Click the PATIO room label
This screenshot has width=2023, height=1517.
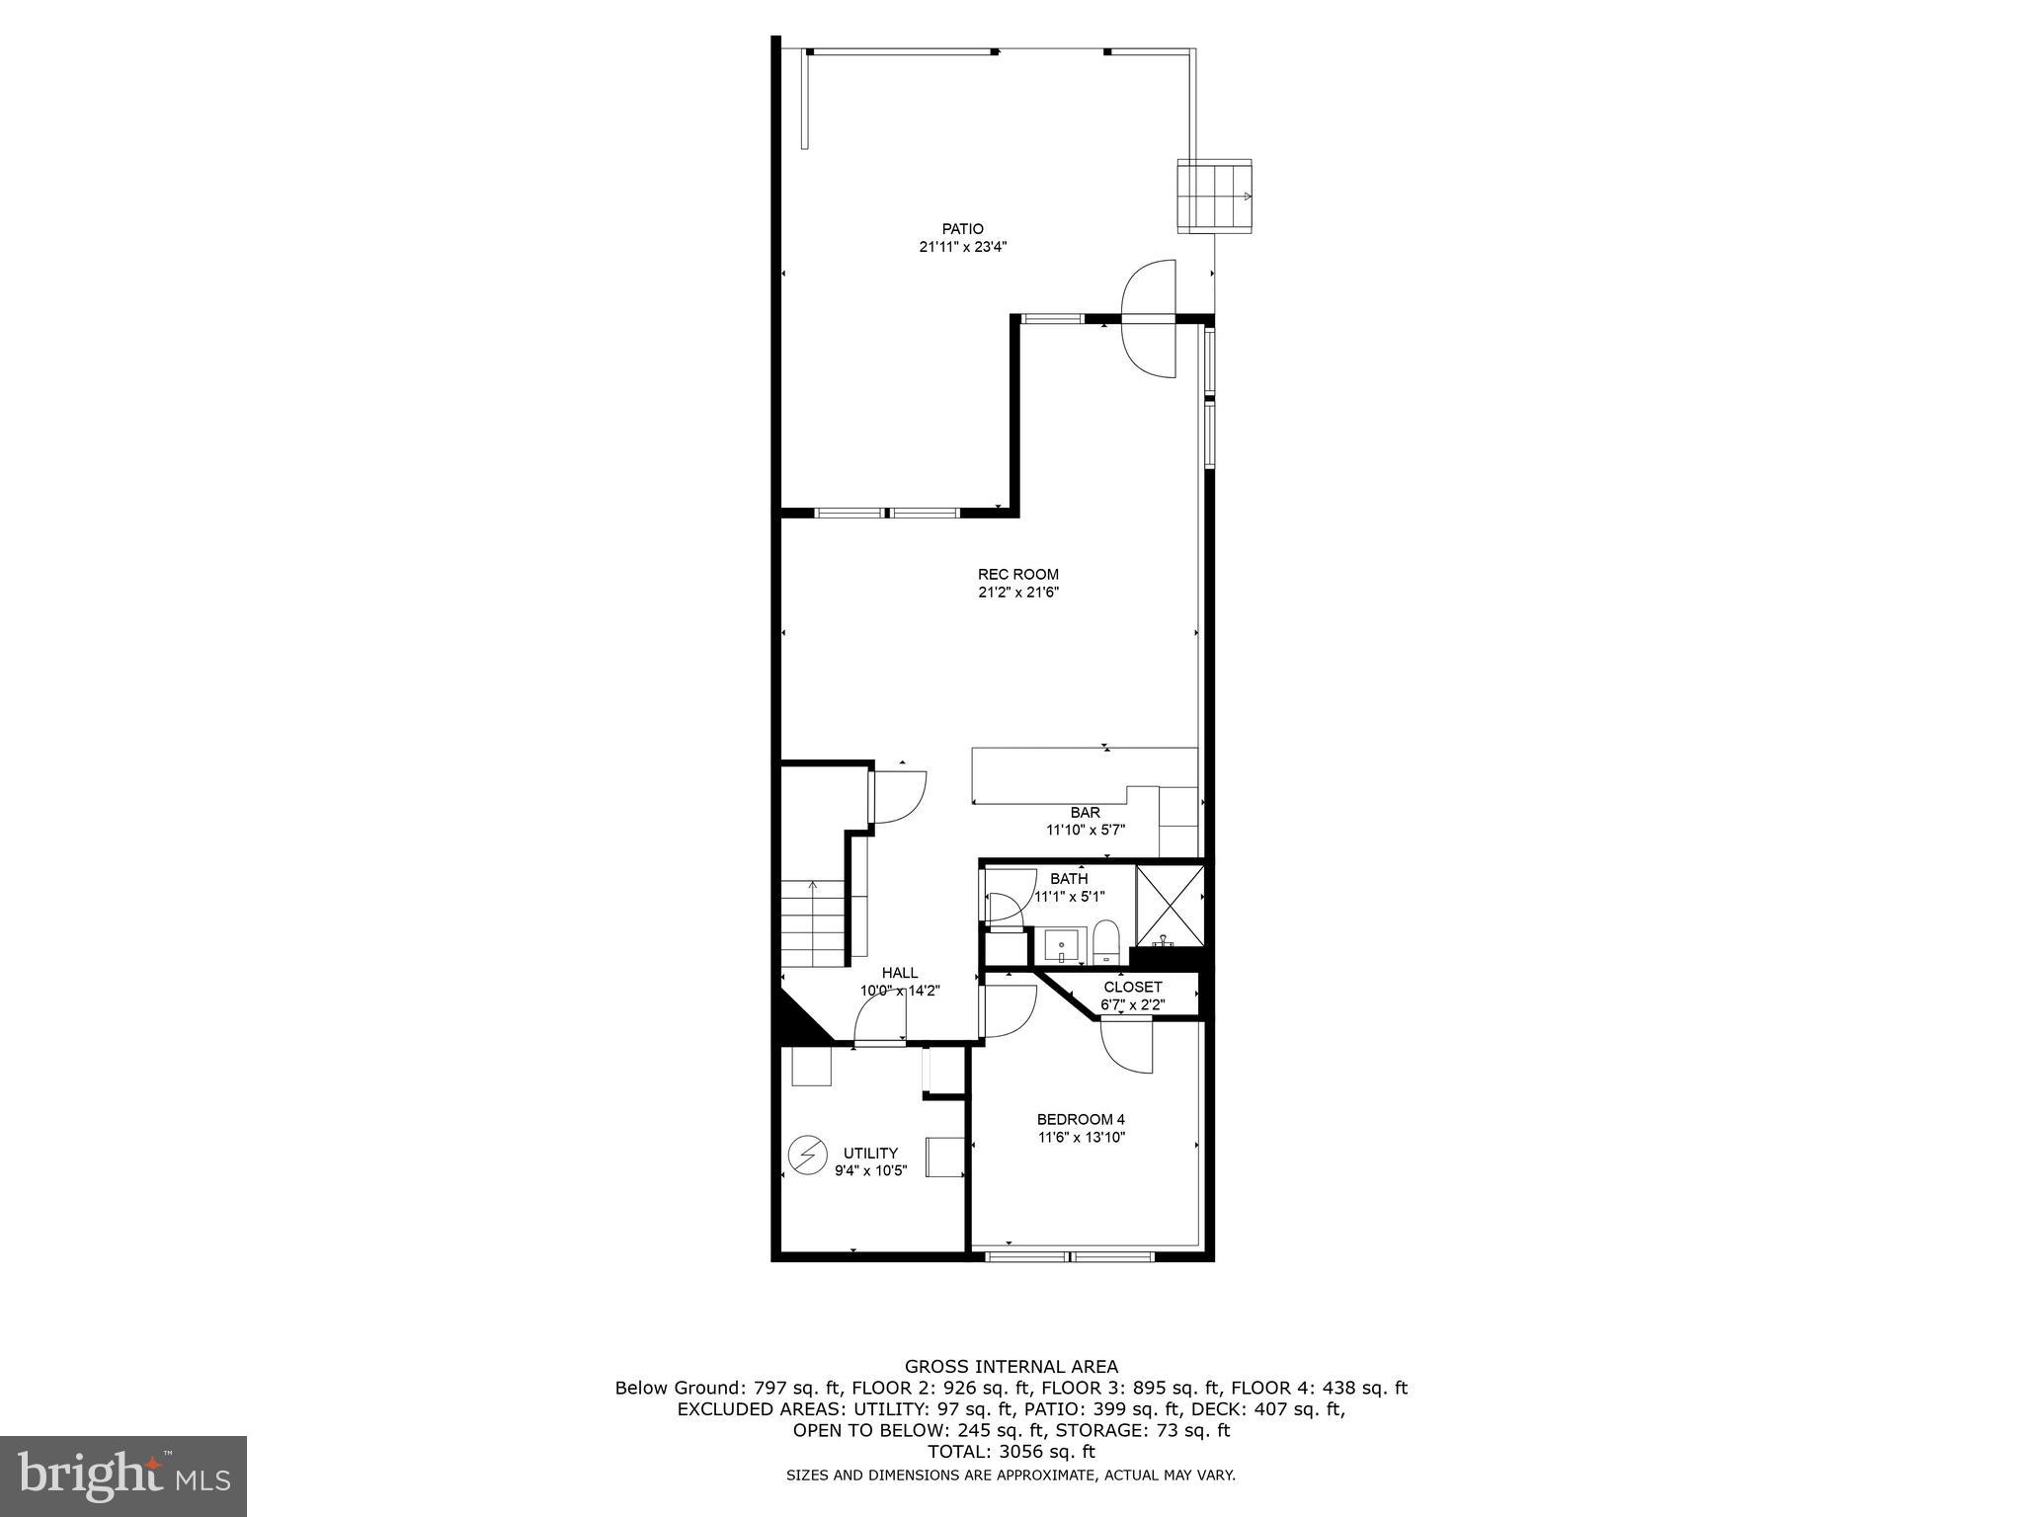[x=962, y=229]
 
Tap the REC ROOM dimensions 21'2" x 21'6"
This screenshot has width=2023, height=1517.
[x=1017, y=593]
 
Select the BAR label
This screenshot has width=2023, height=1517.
[x=1085, y=813]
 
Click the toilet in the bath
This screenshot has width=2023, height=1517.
[x=1106, y=940]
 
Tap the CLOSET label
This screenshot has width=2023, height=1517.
[x=1133, y=987]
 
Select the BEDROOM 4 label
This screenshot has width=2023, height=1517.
[x=1081, y=1119]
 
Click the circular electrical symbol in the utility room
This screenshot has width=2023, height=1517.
[x=807, y=1154]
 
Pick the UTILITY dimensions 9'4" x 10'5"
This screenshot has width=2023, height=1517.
[x=870, y=1171]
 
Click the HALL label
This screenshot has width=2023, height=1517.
[x=900, y=973]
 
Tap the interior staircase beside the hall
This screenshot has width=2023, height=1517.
[x=814, y=924]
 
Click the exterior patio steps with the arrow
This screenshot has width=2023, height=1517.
[x=1214, y=196]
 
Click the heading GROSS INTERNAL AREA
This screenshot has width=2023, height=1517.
[x=1011, y=1367]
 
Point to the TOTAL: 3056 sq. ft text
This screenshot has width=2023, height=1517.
[x=1011, y=1452]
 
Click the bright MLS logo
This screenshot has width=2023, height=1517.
[x=123, y=1476]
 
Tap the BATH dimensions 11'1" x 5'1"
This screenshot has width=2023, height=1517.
[x=1069, y=897]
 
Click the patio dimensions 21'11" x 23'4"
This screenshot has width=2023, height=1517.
[x=962, y=248]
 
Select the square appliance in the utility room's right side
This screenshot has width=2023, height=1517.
[x=944, y=1157]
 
